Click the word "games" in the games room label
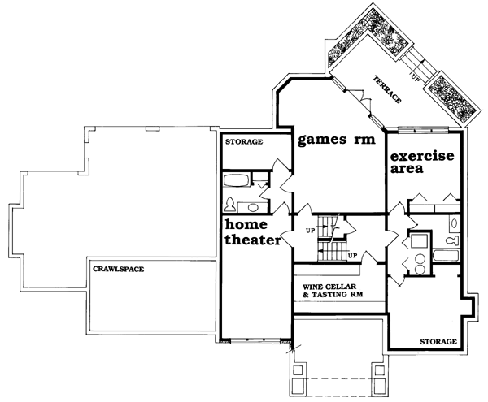click(322, 140)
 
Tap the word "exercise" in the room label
click(422, 156)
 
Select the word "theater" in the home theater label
click(253, 240)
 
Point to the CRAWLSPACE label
click(119, 269)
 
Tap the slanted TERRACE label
click(387, 89)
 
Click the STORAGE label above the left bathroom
click(244, 142)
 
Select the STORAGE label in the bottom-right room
click(438, 342)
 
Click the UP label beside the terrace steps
click(416, 78)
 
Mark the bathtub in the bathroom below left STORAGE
click(237, 180)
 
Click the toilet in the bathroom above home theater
click(230, 205)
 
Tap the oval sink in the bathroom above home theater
click(253, 207)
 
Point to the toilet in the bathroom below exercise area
click(452, 240)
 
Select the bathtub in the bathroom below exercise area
click(446, 256)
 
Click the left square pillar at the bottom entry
click(298, 370)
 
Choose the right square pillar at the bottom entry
click(380, 370)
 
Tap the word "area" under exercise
click(407, 169)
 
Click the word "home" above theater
click(246, 224)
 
